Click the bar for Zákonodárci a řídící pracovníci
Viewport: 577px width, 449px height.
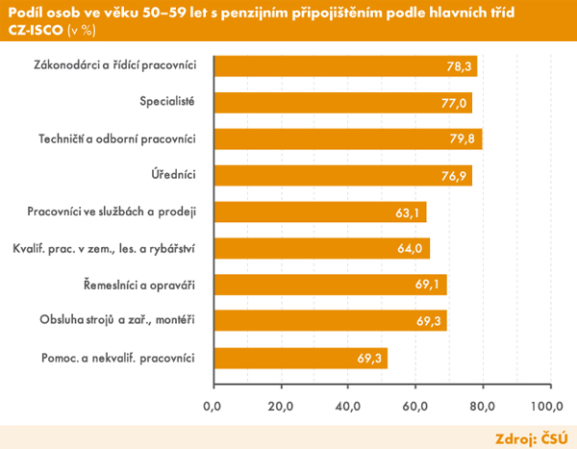pos(344,66)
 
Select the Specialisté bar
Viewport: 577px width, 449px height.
pos(341,103)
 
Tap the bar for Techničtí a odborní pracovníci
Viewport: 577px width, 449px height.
pos(346,139)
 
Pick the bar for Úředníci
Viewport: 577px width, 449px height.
pos(341,176)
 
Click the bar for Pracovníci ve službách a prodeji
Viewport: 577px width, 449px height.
pos(318,212)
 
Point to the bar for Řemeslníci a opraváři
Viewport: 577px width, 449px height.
pos(329,286)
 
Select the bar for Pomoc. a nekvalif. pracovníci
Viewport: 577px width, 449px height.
pos(299,359)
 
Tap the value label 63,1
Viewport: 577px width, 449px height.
pos(407,212)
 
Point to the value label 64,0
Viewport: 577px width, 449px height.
pos(411,249)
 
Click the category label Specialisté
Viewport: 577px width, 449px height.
pos(167,102)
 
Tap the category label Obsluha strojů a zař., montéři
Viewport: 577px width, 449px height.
pos(117,321)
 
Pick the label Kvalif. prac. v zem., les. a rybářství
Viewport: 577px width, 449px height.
pos(104,248)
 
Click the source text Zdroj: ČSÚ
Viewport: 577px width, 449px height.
pos(531,437)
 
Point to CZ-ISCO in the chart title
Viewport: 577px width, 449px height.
pos(36,29)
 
